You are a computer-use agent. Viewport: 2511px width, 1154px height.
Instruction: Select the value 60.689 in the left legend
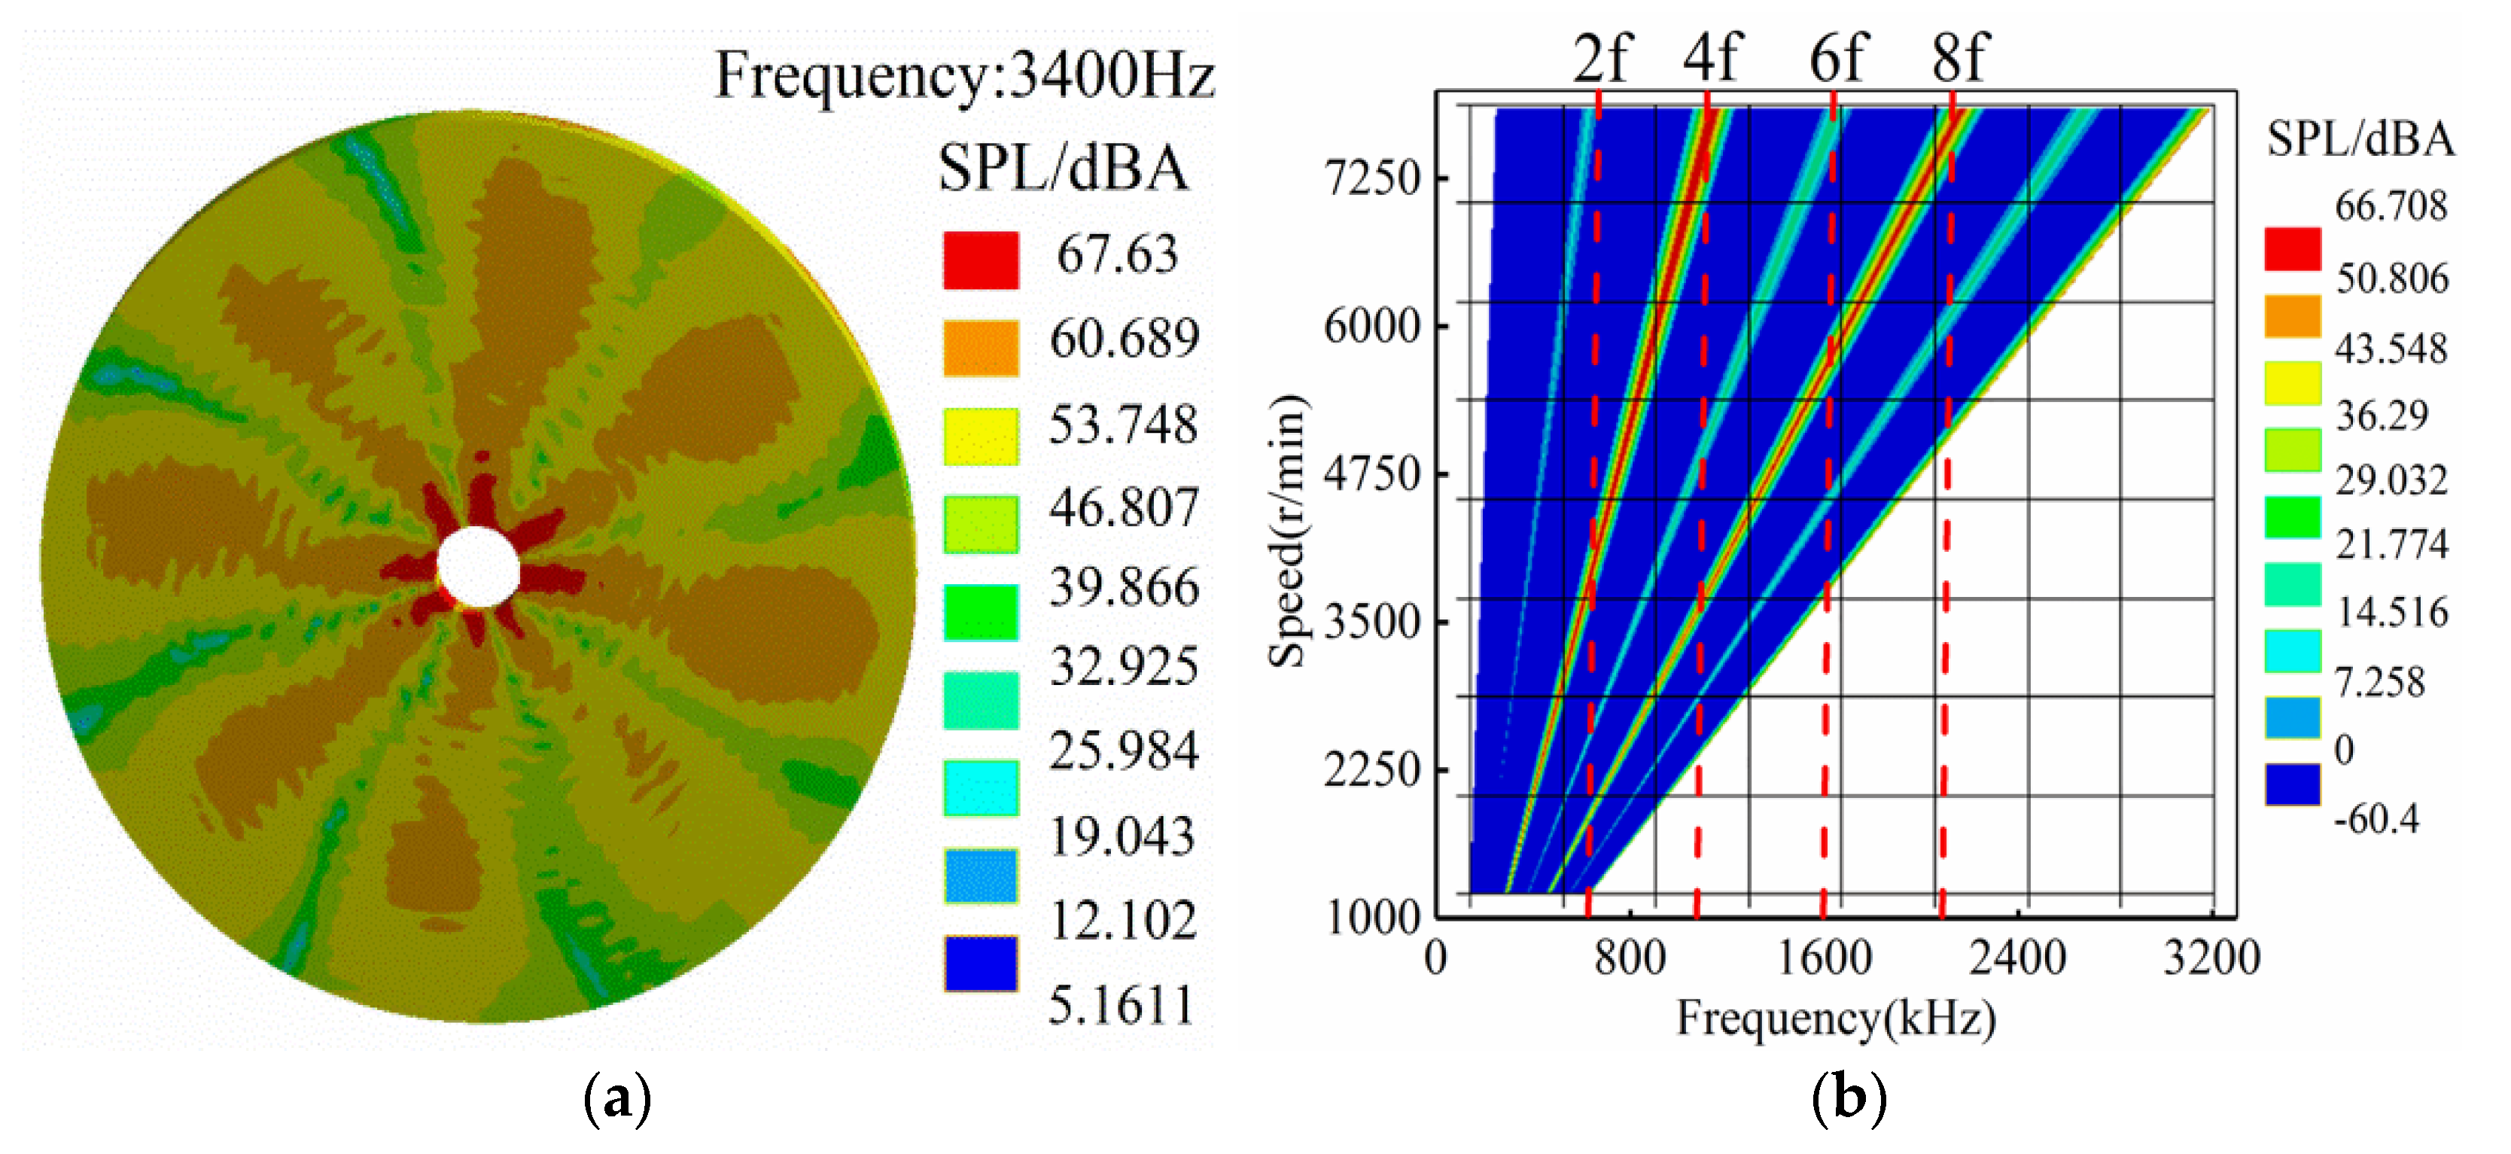(x=1123, y=338)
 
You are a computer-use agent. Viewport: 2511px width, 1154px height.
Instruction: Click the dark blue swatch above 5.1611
(x=981, y=963)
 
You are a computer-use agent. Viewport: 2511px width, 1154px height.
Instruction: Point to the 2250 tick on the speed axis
(x=1372, y=770)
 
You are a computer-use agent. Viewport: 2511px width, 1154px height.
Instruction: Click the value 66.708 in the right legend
(x=2390, y=206)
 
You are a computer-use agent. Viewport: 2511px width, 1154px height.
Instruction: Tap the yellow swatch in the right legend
(x=2292, y=383)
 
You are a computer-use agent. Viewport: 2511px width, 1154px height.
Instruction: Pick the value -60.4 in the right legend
(x=2376, y=819)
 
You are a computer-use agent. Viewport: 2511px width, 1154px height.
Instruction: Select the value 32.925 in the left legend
(x=1123, y=667)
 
